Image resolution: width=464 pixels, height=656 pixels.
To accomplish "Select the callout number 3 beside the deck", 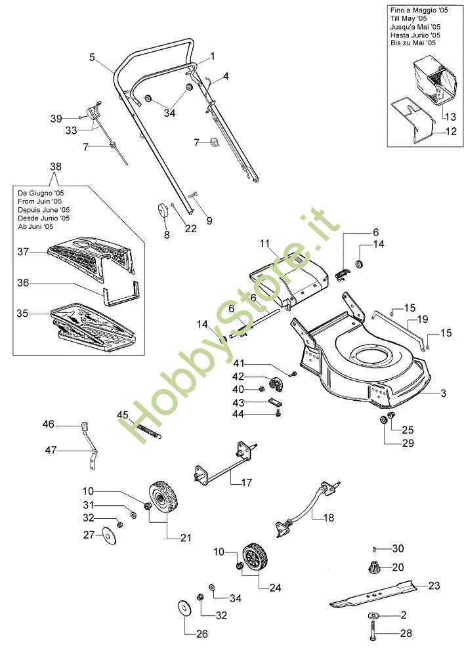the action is (444, 393).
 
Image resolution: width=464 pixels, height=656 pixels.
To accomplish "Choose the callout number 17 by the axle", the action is (247, 483).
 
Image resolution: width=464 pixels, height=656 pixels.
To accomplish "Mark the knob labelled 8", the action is (162, 210).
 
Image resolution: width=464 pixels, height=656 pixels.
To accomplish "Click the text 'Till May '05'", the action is (408, 18).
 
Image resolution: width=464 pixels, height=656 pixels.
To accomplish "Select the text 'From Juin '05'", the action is (40, 201).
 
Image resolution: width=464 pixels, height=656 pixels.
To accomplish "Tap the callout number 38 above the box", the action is (56, 167).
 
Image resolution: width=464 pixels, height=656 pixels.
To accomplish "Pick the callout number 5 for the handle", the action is (93, 57).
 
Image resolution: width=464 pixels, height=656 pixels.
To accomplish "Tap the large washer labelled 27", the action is (110, 536).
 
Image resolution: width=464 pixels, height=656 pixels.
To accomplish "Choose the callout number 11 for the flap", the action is (264, 243).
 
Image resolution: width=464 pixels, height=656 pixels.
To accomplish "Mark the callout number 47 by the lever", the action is (51, 451).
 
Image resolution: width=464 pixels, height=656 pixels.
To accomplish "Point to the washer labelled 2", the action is (372, 615).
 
